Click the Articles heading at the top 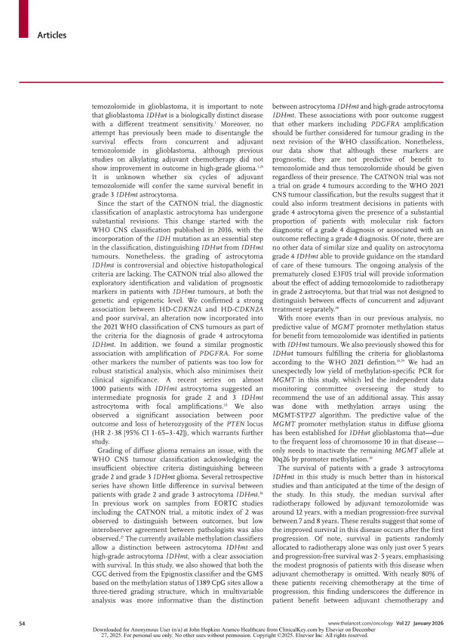(x=52, y=36)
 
